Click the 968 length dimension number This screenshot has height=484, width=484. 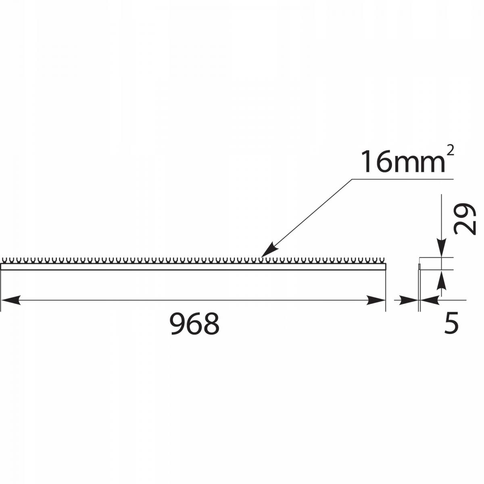pos(195,324)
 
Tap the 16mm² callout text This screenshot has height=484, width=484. pos(407,161)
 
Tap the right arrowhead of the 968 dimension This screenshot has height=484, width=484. pos(376,300)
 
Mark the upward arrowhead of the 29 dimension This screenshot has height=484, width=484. pos(441,280)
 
